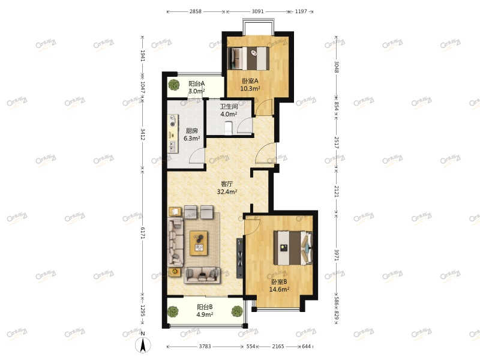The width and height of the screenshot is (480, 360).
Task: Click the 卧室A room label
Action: (250, 81)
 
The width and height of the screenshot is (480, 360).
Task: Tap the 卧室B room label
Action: (279, 281)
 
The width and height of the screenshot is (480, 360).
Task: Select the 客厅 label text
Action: (226, 184)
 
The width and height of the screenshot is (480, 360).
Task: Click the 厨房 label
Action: (191, 131)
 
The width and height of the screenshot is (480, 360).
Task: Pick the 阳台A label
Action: (196, 84)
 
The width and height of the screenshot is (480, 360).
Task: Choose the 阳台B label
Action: (205, 307)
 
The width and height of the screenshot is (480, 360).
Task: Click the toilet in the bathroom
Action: (228, 128)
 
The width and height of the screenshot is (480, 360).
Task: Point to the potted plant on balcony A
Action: (173, 85)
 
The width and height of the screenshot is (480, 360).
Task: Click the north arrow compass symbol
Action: (143, 344)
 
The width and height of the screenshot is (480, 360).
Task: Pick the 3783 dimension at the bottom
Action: (205, 347)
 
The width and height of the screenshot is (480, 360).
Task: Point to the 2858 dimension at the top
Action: (196, 11)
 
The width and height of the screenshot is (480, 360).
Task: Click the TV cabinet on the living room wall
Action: (240, 258)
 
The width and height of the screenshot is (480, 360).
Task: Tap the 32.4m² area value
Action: (226, 193)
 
